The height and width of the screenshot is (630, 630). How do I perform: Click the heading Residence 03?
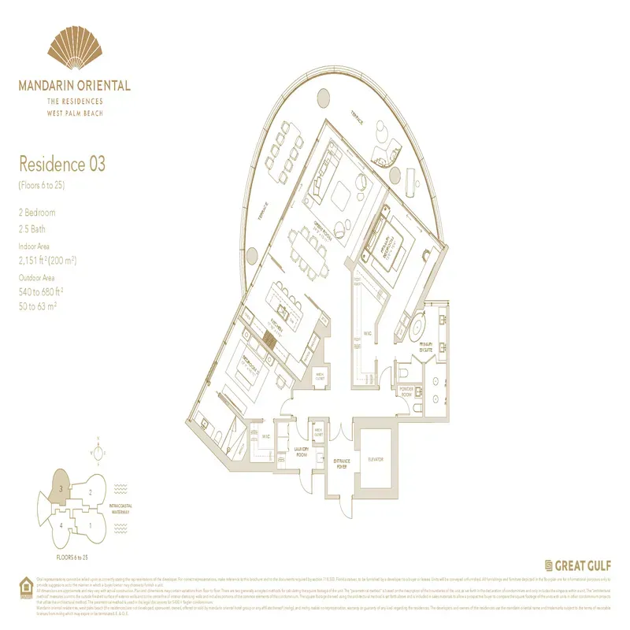tap(61, 165)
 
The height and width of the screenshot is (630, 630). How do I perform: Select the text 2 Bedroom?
tap(37, 213)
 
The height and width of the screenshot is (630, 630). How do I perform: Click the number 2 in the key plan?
tap(91, 493)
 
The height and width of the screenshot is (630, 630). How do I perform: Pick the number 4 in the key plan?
tap(60, 525)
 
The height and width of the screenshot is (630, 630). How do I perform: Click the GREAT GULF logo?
tap(578, 565)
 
